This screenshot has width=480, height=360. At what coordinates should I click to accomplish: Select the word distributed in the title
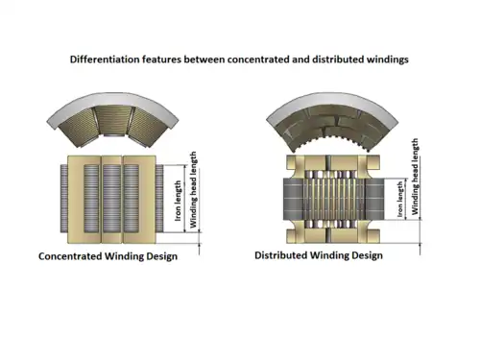[338, 60]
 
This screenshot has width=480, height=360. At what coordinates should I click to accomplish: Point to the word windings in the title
[388, 60]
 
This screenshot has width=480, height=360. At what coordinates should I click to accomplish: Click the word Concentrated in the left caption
[70, 256]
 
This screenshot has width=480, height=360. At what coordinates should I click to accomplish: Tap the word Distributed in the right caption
[281, 255]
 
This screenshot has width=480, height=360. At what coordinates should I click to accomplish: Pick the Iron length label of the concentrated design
[178, 201]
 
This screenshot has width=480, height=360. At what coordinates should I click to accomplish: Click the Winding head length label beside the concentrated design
[193, 190]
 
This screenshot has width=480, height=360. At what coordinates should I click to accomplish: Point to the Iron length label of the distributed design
[400, 200]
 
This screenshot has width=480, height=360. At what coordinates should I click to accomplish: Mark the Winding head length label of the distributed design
[415, 177]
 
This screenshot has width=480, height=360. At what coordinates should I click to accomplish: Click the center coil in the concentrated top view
[112, 121]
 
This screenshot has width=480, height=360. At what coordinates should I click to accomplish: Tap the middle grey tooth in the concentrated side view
[111, 199]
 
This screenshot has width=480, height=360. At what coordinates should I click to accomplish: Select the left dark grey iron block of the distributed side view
[293, 199]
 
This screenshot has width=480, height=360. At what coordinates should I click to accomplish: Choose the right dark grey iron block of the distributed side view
[374, 199]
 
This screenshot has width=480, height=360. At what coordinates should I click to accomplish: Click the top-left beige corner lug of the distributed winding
[292, 163]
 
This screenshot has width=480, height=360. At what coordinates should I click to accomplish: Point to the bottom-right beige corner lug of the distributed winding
[373, 235]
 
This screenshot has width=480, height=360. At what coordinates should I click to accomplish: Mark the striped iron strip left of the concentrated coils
[63, 199]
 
